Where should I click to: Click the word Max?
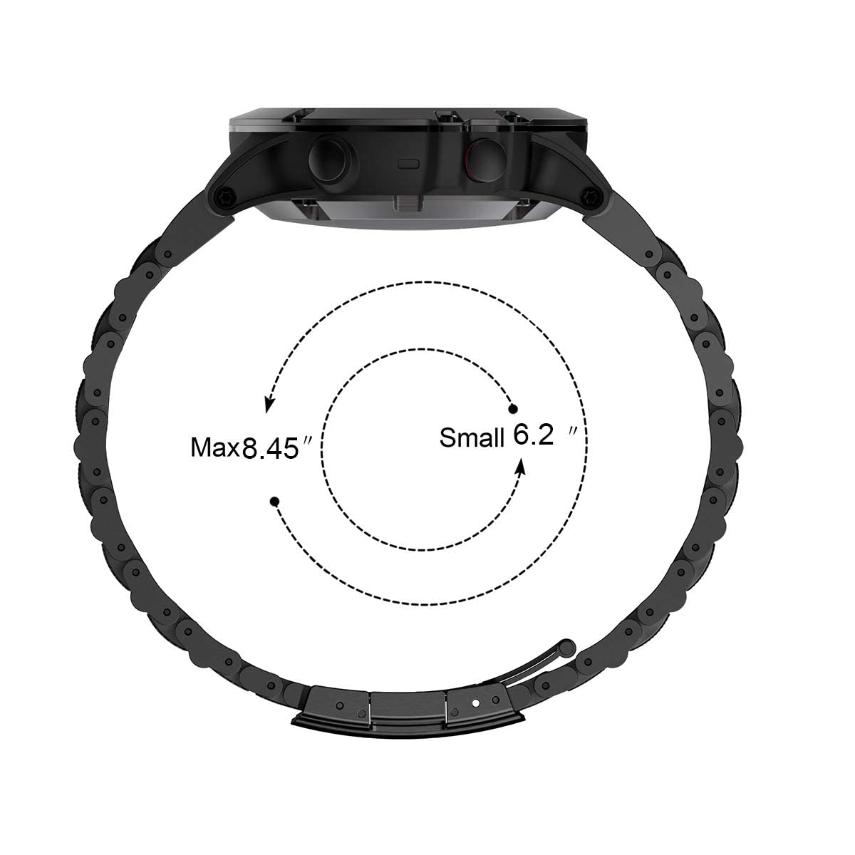216,448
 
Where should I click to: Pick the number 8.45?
270,448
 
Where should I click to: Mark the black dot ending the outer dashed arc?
274,502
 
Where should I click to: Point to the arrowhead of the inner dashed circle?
522,465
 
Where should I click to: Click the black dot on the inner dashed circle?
512,408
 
